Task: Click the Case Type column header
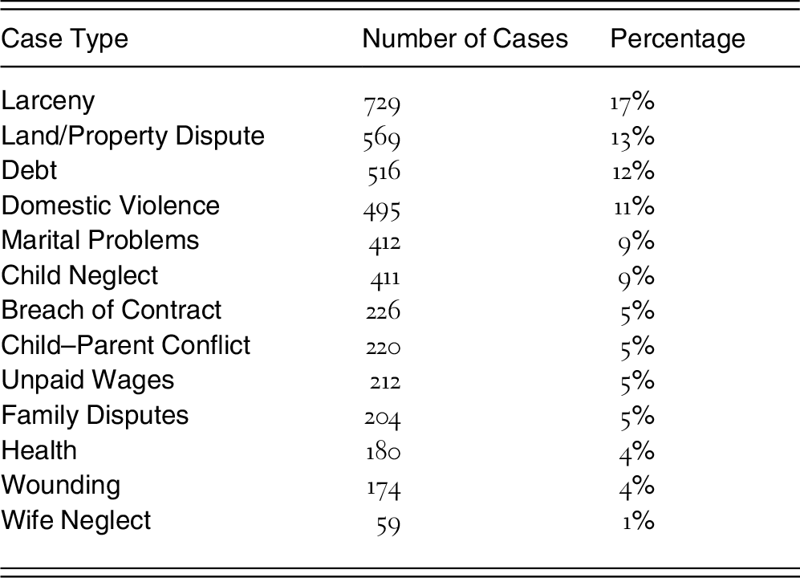tap(64, 39)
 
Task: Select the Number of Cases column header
tap(465, 39)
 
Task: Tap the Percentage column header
tap(677, 39)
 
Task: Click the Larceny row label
tap(48, 101)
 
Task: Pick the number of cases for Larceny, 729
tap(382, 104)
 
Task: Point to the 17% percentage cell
tap(632, 102)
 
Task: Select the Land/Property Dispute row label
tap(132, 136)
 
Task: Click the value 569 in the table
tap(382, 138)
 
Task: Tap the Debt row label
tap(30, 171)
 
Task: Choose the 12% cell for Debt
tap(632, 172)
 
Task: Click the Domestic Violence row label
tap(110, 206)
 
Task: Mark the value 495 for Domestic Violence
tap(382, 208)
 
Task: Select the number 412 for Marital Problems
tap(384, 242)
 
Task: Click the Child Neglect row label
tap(80, 275)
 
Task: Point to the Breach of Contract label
tap(112, 310)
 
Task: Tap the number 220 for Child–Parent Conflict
tap(384, 347)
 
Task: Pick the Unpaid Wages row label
tap(87, 381)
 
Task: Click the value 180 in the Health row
tap(383, 451)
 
